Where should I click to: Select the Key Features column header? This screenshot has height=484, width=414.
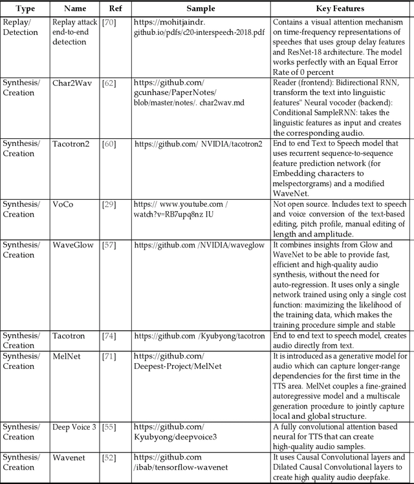click(x=340, y=9)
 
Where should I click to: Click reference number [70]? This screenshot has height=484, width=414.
click(x=109, y=22)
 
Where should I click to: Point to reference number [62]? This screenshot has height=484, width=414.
click(x=109, y=83)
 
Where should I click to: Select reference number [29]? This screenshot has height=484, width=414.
click(x=109, y=204)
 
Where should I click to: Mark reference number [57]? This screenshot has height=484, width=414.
click(x=109, y=245)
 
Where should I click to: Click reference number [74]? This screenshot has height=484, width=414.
click(x=109, y=335)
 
